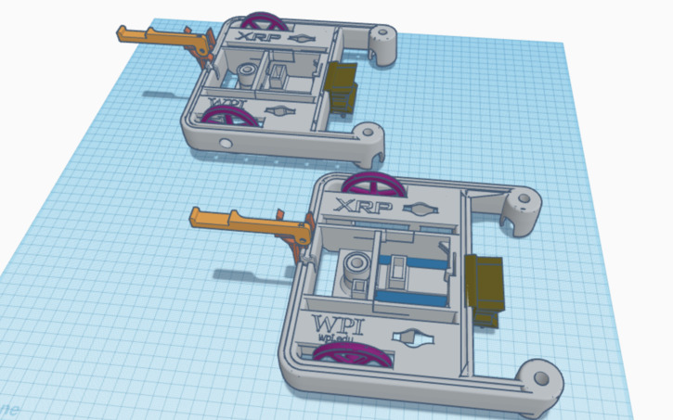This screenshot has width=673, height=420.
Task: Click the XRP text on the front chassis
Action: click(x=356, y=206)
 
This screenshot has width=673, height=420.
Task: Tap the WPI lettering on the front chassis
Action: click(x=340, y=326)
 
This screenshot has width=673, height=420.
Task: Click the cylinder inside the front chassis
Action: click(x=356, y=272)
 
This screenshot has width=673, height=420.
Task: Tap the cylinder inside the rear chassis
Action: click(x=247, y=73)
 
